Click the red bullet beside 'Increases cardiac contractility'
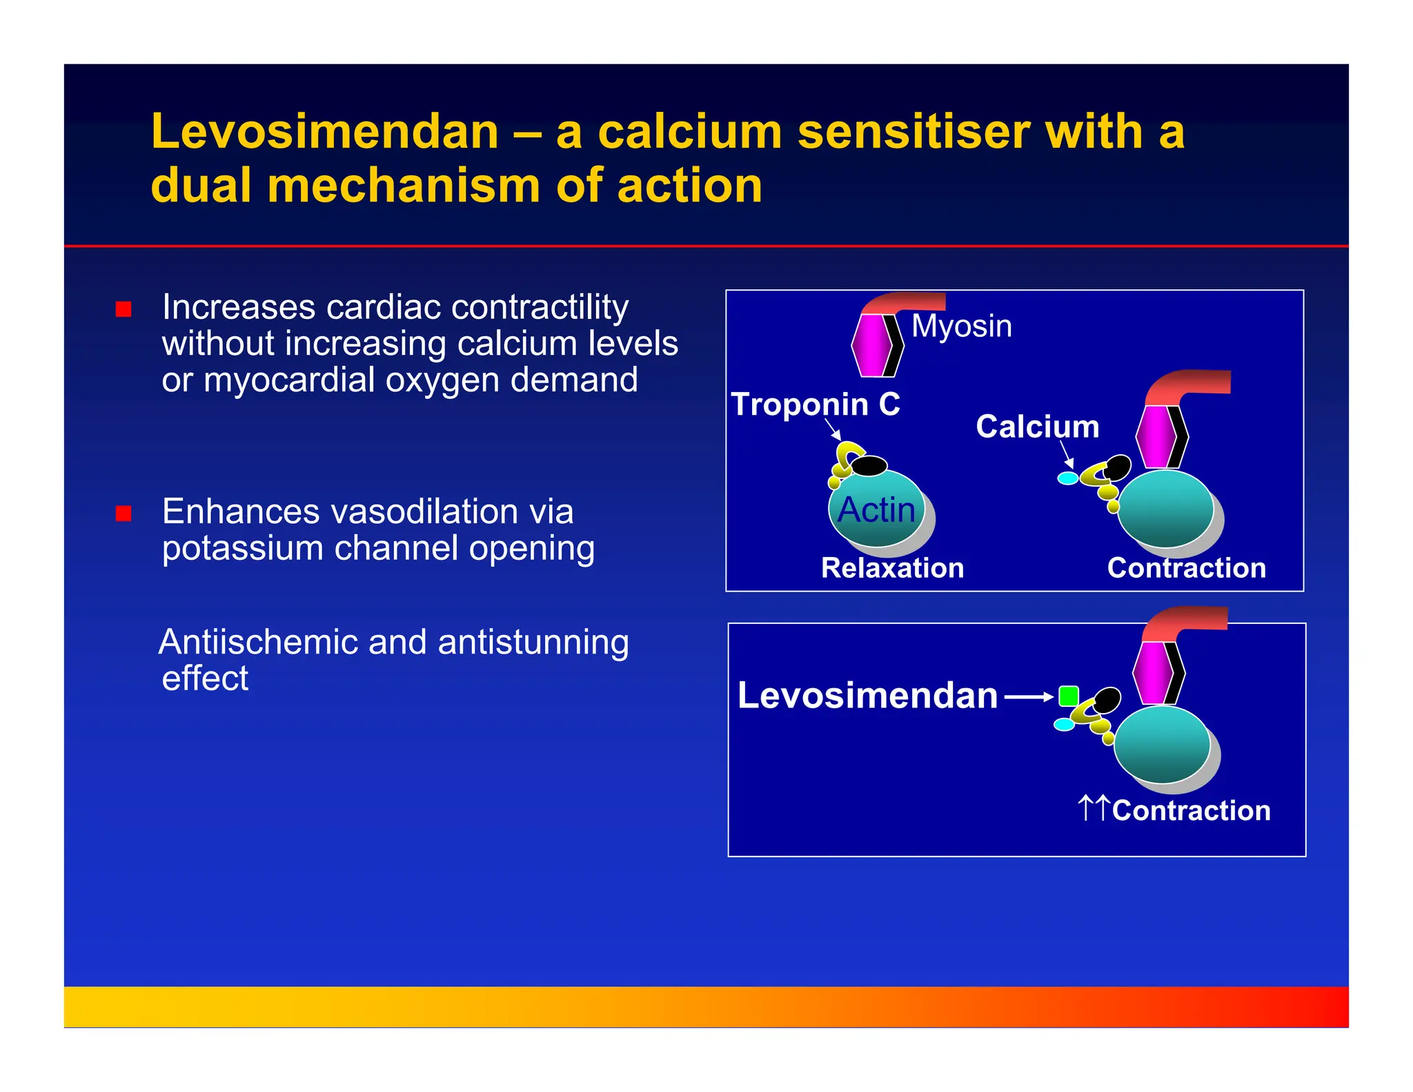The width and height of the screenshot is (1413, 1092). pyautogui.click(x=123, y=309)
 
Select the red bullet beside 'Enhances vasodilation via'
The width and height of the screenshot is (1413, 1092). pyautogui.click(x=123, y=513)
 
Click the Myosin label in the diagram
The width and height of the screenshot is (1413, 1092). pyautogui.click(x=961, y=326)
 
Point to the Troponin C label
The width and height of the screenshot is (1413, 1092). pyautogui.click(x=816, y=404)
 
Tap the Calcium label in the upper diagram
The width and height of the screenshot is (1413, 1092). pyautogui.click(x=1037, y=427)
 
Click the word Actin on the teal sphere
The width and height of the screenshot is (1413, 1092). pyautogui.click(x=876, y=510)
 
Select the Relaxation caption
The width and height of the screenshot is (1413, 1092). pyautogui.click(x=892, y=568)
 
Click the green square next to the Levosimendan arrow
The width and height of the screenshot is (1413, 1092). pyautogui.click(x=1068, y=696)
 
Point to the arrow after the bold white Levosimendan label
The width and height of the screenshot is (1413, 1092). pyautogui.click(x=1029, y=697)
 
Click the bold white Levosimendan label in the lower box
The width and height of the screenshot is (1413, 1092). pyautogui.click(x=867, y=695)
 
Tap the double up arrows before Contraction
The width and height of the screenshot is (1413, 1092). pyautogui.click(x=1094, y=808)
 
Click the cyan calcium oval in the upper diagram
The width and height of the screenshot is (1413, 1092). pyautogui.click(x=1067, y=478)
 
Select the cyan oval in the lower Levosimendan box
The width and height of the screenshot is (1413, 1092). pyautogui.click(x=1064, y=724)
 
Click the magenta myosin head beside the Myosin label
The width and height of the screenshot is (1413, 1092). pyautogui.click(x=871, y=345)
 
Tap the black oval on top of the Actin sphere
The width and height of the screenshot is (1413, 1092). pyautogui.click(x=869, y=466)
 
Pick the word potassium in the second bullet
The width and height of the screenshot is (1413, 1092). pyautogui.click(x=242, y=549)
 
